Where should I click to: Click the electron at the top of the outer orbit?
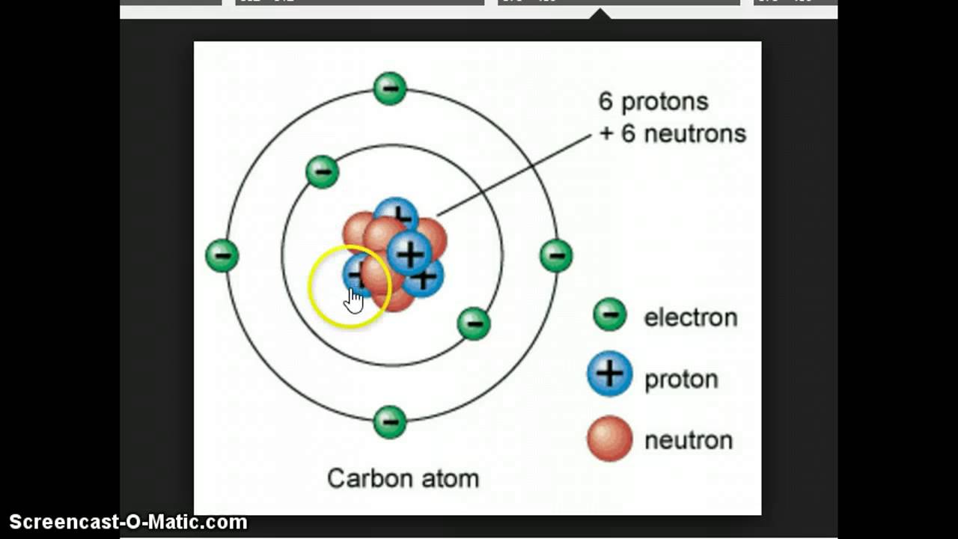(390, 88)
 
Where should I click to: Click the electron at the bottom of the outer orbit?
(390, 421)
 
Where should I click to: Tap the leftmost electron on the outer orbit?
(222, 255)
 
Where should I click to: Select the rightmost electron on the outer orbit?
(556, 255)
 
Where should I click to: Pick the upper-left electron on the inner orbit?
(323, 171)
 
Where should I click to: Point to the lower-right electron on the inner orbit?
(474, 323)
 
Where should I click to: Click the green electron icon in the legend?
(610, 314)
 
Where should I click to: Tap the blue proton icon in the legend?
(610, 374)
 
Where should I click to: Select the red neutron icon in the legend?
(610, 438)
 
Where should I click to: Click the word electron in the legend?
(690, 317)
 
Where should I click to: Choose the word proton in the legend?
(681, 380)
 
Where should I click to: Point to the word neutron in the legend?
(689, 440)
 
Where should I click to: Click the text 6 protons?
(653, 101)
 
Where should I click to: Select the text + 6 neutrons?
(673, 134)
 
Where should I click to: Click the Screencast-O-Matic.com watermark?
(128, 522)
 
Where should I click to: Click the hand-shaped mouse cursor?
(354, 299)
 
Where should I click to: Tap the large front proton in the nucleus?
(409, 254)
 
